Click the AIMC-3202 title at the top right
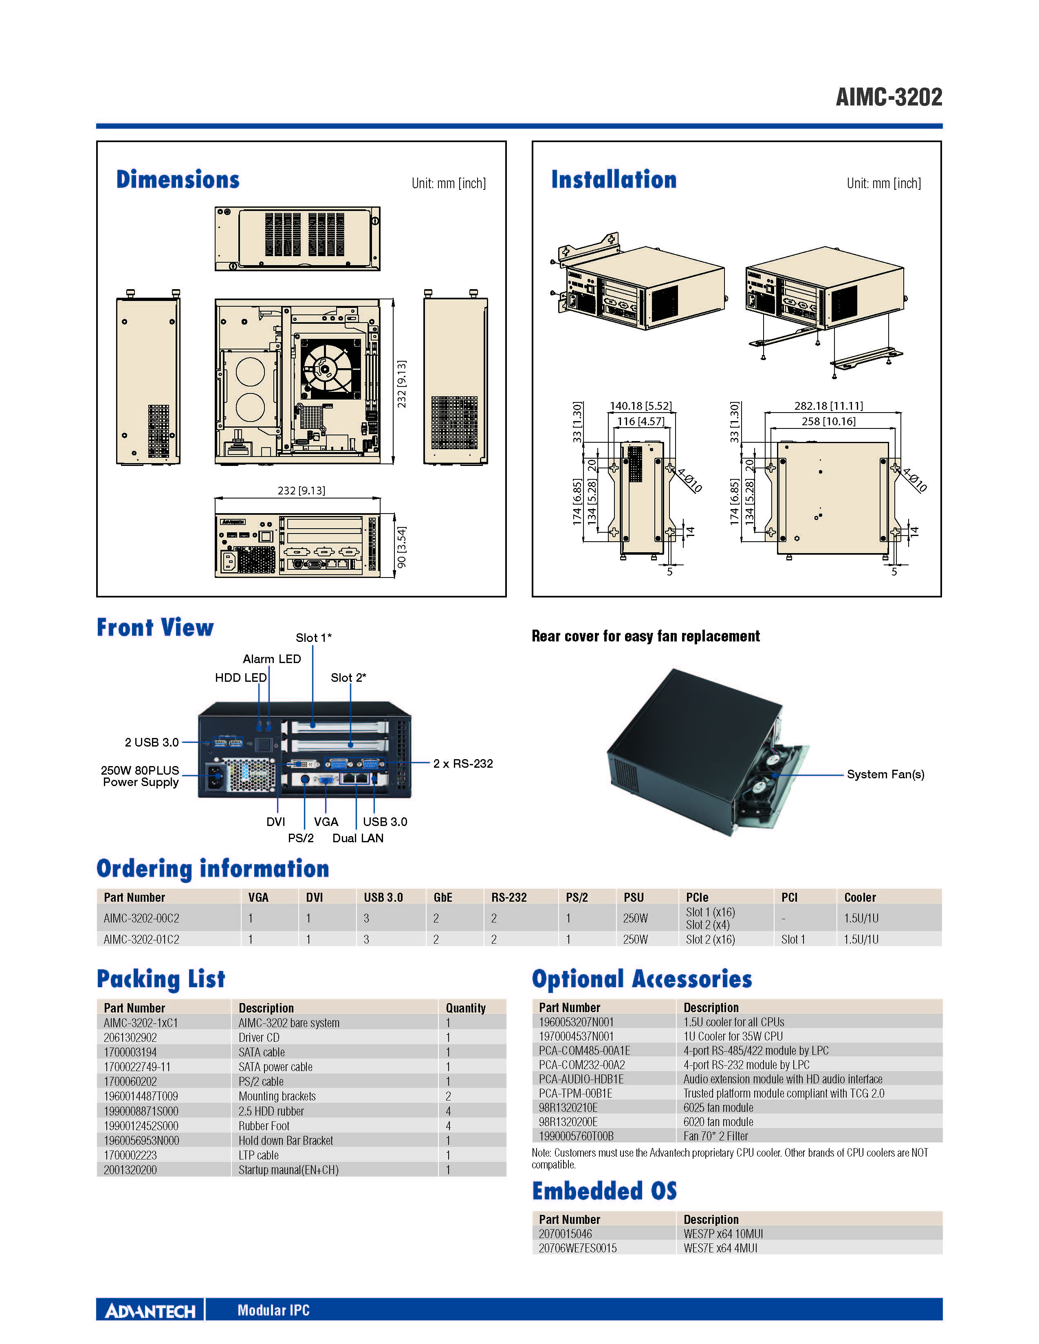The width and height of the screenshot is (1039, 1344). click(x=889, y=97)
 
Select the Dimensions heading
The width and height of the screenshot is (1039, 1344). click(x=178, y=179)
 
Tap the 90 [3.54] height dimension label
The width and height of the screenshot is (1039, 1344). click(x=401, y=547)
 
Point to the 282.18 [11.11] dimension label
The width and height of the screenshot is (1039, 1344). click(x=828, y=406)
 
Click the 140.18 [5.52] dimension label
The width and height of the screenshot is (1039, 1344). click(x=641, y=406)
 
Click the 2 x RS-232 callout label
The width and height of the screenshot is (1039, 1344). click(x=463, y=764)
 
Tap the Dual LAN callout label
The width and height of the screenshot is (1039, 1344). click(x=358, y=838)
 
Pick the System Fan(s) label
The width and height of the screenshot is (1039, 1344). click(x=885, y=774)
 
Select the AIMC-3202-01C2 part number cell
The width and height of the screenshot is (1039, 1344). click(x=141, y=939)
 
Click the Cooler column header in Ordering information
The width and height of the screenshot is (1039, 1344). click(x=860, y=897)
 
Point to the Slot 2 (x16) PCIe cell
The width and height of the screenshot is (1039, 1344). click(x=710, y=939)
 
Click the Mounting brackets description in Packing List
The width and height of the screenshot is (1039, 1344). click(x=277, y=1096)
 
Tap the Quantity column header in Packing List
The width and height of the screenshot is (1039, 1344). click(x=466, y=1008)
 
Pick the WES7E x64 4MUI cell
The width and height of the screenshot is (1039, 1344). click(x=720, y=1248)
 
